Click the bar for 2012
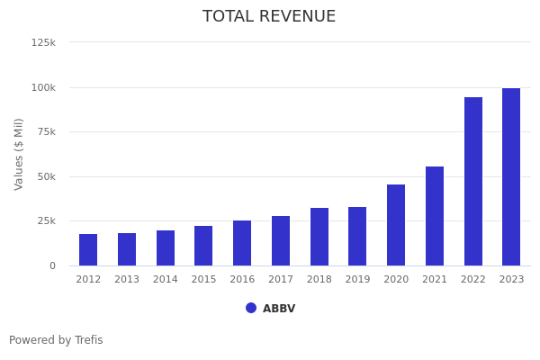click(88, 249)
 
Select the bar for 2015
click(203, 246)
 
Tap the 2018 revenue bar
click(319, 237)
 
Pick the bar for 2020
click(396, 225)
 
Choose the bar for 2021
click(435, 216)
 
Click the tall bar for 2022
click(473, 181)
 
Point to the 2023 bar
click(511, 176)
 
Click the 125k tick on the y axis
click(43, 42)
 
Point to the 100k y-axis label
click(43, 87)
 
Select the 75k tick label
click(46, 131)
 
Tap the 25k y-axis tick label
click(46, 220)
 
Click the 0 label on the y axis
click(52, 265)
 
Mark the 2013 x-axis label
click(127, 280)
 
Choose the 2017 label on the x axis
click(281, 280)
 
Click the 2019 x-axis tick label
click(357, 280)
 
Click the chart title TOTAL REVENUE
click(269, 17)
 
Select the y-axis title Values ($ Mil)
click(20, 154)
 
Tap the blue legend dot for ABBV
click(251, 308)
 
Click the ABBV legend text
click(279, 309)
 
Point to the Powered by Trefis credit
click(56, 340)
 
